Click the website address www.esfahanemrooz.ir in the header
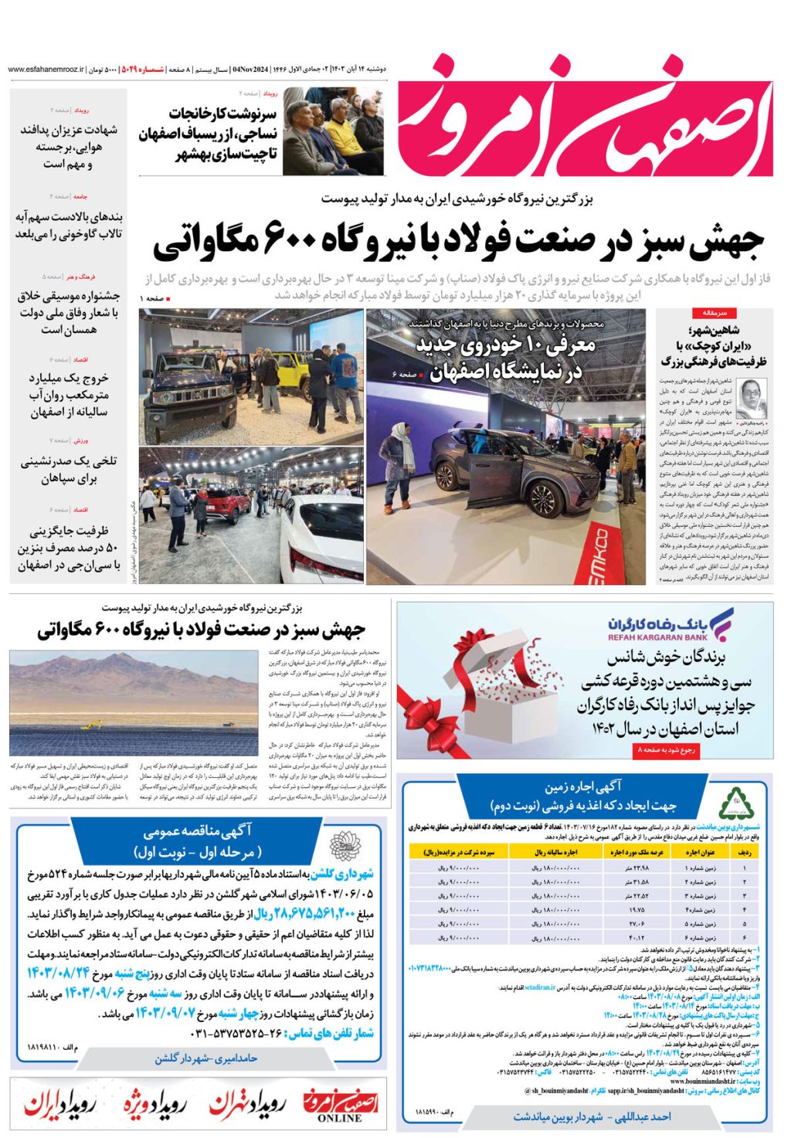[x=46, y=70]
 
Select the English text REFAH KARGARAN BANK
[x=657, y=637]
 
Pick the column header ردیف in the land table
[x=745, y=852]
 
